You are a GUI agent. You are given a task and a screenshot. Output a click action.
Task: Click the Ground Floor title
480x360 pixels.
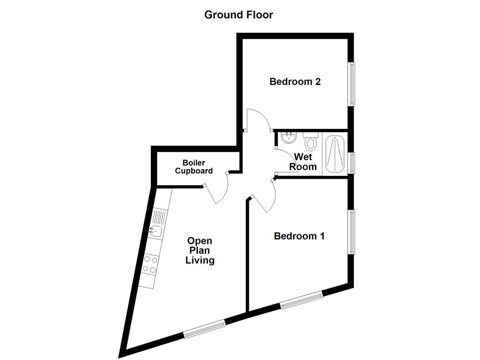tap(239, 15)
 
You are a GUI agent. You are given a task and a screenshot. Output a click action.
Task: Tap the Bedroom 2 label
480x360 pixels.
tap(295, 82)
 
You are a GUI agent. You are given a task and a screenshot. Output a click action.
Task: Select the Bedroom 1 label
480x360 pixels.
tap(299, 236)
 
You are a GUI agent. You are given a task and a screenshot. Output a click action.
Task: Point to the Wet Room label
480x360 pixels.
tap(303, 162)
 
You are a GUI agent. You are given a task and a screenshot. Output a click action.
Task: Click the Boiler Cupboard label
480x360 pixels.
tap(194, 167)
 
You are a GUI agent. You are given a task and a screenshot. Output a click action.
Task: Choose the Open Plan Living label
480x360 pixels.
tap(200, 251)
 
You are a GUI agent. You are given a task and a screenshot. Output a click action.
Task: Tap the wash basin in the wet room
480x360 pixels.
tap(288, 138)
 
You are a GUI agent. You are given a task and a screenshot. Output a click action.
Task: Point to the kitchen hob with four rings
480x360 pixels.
tap(150, 263)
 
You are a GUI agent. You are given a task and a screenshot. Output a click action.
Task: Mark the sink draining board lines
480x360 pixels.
tap(159, 217)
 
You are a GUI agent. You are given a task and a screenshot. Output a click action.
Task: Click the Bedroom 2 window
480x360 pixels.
tap(351, 84)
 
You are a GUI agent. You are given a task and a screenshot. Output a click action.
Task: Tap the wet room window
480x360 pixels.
tap(351, 163)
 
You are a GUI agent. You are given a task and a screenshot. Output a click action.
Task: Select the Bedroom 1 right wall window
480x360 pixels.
tap(351, 232)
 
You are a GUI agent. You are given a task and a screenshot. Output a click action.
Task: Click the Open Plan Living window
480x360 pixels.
tap(204, 328)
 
